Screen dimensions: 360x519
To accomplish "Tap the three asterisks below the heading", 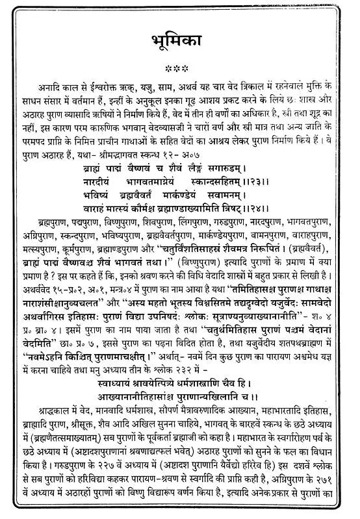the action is pos(179,68).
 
